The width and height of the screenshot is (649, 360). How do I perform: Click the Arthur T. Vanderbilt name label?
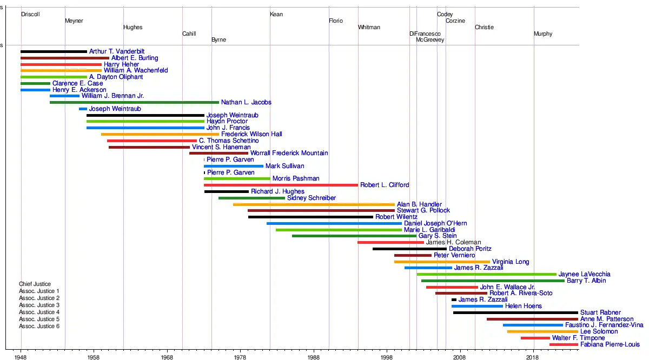(x=113, y=51)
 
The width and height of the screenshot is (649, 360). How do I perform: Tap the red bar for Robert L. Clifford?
(x=281, y=185)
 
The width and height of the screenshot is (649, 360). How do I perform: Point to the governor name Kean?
(x=276, y=14)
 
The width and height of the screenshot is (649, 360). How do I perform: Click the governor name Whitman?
(x=369, y=27)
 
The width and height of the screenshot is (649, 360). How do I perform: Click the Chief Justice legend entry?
(x=35, y=284)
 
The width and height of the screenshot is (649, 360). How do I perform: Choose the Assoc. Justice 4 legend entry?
(x=39, y=312)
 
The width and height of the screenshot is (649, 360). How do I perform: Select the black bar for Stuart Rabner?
(x=515, y=312)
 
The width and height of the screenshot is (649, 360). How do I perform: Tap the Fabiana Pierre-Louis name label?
(x=610, y=344)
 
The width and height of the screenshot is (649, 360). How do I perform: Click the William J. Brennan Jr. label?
(x=112, y=96)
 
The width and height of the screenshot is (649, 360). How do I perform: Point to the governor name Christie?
(x=484, y=27)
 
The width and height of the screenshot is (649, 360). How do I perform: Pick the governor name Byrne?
(x=218, y=40)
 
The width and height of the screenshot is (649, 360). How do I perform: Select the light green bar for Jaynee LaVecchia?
(x=486, y=274)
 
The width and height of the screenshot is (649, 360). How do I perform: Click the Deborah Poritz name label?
(x=470, y=249)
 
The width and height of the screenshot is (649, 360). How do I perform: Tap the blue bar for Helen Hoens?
(x=477, y=306)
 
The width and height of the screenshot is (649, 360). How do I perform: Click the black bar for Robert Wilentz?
(x=310, y=217)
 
